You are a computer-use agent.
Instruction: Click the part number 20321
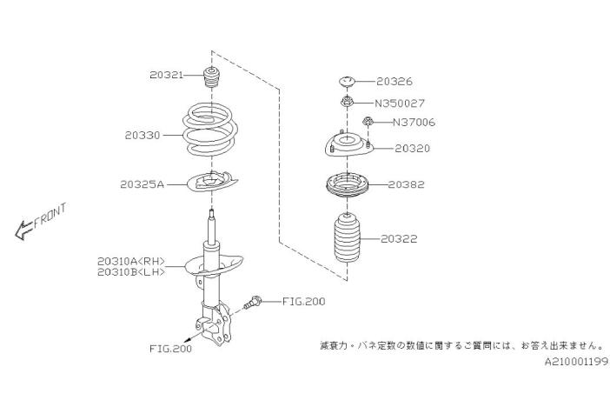click(166, 76)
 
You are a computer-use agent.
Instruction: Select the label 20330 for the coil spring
click(143, 136)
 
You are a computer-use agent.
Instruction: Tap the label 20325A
click(143, 184)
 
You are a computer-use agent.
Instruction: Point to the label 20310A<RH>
click(130, 260)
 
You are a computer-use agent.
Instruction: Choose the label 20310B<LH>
click(130, 272)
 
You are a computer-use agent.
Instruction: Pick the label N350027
click(400, 103)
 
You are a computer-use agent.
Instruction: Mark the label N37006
click(414, 123)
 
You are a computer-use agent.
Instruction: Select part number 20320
click(412, 149)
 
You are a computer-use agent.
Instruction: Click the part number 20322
click(400, 237)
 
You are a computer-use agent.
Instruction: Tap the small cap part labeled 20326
click(345, 83)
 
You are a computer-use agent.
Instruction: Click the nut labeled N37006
click(368, 122)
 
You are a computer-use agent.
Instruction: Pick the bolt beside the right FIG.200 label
click(255, 302)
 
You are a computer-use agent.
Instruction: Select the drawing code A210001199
click(576, 361)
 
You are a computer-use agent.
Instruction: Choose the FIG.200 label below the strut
click(170, 348)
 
